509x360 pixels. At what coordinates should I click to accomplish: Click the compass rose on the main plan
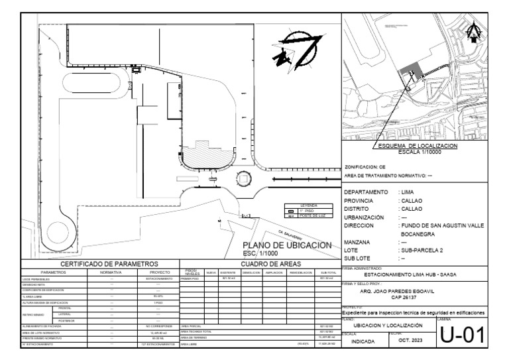click(291, 52)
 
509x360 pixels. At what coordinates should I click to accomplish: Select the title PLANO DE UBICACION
click(287, 245)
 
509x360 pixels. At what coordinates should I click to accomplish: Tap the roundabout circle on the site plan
click(243, 179)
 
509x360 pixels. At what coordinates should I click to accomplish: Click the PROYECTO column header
click(156, 272)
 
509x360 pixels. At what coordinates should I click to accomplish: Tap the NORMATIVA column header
click(111, 272)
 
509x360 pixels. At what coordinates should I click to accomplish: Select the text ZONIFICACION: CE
click(365, 167)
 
